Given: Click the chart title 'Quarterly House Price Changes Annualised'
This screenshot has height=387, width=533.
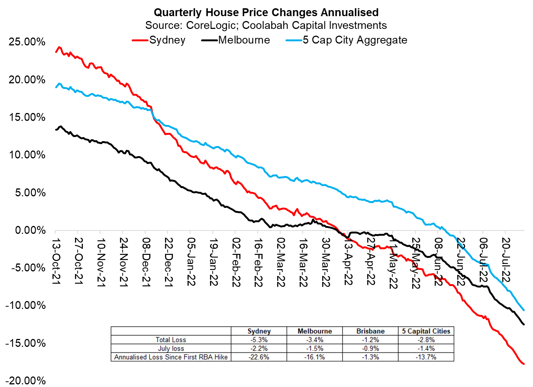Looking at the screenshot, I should pos(266,12).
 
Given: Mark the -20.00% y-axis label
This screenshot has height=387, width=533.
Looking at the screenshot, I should pos(26,381).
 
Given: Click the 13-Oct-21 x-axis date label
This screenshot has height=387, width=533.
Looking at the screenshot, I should pos(56,261).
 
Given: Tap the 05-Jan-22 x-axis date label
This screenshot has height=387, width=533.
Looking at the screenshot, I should pos(191,262).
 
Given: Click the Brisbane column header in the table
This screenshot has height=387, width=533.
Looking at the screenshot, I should pos(370,331).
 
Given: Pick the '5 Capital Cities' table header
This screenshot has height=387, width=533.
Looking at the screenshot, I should pos(426,331).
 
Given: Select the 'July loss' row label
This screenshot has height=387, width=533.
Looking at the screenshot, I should pos(171,348).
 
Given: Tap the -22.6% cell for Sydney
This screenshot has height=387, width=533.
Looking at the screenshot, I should pos(259,357).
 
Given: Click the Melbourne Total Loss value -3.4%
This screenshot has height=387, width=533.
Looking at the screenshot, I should pos(314,340).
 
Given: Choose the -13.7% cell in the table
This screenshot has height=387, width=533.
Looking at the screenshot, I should pos(426,357).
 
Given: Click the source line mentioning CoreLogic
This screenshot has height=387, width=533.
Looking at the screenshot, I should pos(266,26).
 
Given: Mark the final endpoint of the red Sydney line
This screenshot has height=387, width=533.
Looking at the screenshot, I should pos(524,363).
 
